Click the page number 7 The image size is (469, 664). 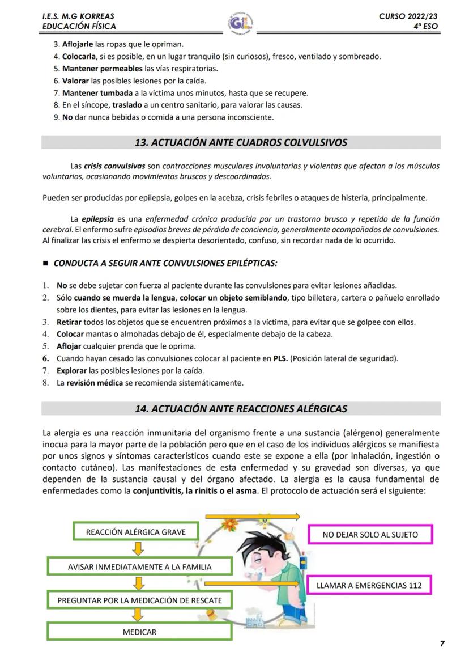click(x=442, y=643)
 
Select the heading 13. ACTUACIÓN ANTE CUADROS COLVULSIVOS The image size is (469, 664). click(x=241, y=142)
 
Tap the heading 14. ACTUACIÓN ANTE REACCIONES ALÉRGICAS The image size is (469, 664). click(x=241, y=408)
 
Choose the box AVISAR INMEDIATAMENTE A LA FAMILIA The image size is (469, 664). click(x=139, y=566)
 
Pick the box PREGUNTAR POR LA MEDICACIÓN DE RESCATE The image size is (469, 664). click(x=139, y=600)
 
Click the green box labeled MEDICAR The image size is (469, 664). click(x=139, y=632)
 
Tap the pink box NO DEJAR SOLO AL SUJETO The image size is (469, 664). click(x=370, y=534)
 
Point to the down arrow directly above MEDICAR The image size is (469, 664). click(x=137, y=615)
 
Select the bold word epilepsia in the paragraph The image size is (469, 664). click(x=98, y=219)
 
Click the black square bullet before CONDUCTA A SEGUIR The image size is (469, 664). click(x=46, y=264)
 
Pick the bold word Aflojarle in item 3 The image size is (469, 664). click(x=78, y=44)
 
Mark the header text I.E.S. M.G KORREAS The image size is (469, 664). click(x=78, y=16)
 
